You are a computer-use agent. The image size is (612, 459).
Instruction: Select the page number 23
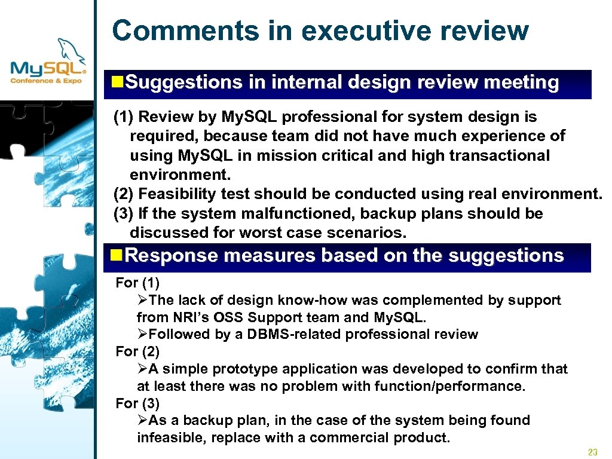tap(593, 452)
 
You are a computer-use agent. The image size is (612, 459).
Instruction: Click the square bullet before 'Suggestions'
tap(118, 82)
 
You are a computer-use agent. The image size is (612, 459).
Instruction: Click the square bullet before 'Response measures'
tap(118, 256)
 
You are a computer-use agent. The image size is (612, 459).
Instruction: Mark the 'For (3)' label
tap(137, 403)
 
